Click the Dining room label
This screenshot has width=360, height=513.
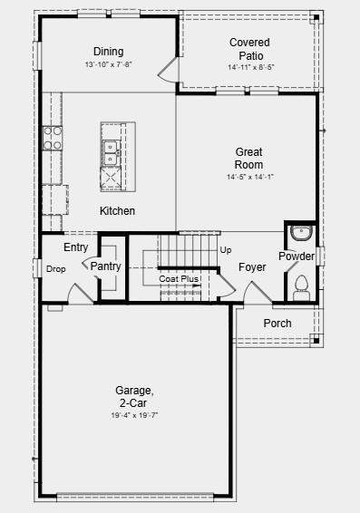pyautogui.click(x=108, y=52)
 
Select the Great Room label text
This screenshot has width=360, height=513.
pyautogui.click(x=249, y=159)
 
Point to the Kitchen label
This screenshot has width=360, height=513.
pyautogui.click(x=117, y=211)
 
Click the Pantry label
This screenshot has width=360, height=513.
pyautogui.click(x=105, y=266)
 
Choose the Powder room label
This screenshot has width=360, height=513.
pyautogui.click(x=297, y=256)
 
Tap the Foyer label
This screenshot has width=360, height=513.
pyautogui.click(x=252, y=267)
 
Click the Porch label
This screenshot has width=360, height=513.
pyautogui.click(x=277, y=324)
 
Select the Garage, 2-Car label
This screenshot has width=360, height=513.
pyautogui.click(x=134, y=396)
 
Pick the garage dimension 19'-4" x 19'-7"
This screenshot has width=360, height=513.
pyautogui.click(x=134, y=415)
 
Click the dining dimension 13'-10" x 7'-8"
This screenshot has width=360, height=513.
pyautogui.click(x=108, y=65)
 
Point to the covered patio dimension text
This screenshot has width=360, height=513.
pyautogui.click(x=249, y=66)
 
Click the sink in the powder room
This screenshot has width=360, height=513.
pyautogui.click(x=300, y=235)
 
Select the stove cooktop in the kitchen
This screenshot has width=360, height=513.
pyautogui.click(x=52, y=138)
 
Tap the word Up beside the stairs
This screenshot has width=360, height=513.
pyautogui.click(x=226, y=249)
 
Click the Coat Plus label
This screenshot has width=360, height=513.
pyautogui.click(x=179, y=279)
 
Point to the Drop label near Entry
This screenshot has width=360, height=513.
pyautogui.click(x=55, y=269)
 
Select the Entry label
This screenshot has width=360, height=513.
pyautogui.click(x=75, y=247)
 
